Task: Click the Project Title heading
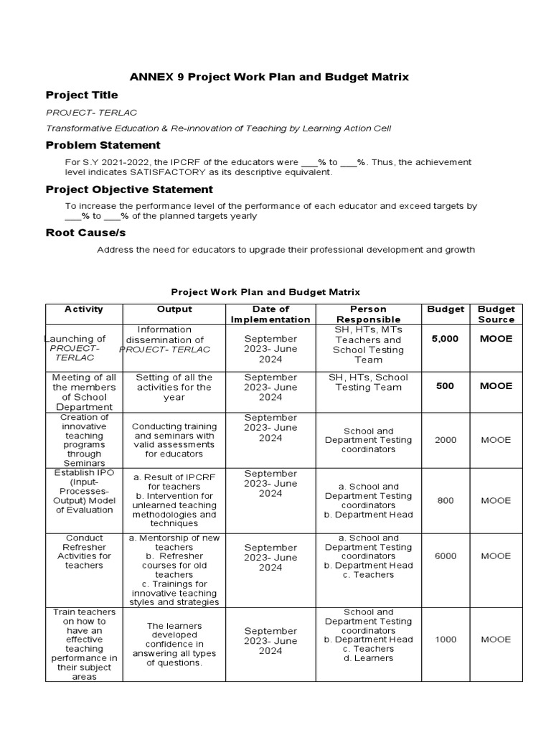pyautogui.click(x=82, y=95)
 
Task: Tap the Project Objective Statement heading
pyautogui.click(x=129, y=189)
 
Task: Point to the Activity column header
pyautogui.click(x=84, y=309)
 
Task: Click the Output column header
pyautogui.click(x=174, y=309)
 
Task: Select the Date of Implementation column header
pyautogui.click(x=270, y=314)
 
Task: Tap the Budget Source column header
pyautogui.click(x=496, y=314)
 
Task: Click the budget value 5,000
pyautogui.click(x=445, y=339)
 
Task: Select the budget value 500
pyautogui.click(x=445, y=386)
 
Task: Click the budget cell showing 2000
pyautogui.click(x=445, y=440)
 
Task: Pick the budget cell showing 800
pyautogui.click(x=445, y=500)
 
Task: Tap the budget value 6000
pyautogui.click(x=445, y=556)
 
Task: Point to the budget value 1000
pyautogui.click(x=445, y=640)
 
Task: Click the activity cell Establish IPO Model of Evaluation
pyautogui.click(x=84, y=492)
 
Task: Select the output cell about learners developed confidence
pyautogui.click(x=174, y=644)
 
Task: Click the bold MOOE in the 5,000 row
pyautogui.click(x=496, y=339)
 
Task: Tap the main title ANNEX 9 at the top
pyautogui.click(x=268, y=77)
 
